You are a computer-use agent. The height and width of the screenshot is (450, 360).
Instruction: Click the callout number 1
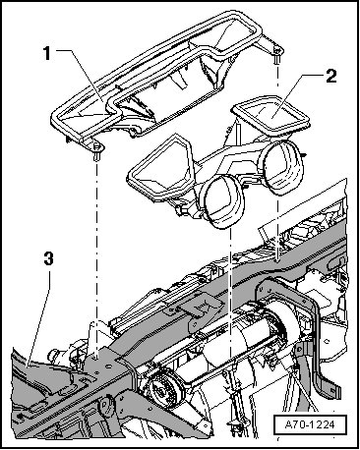(47, 54)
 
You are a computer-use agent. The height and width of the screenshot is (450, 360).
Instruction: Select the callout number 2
(330, 77)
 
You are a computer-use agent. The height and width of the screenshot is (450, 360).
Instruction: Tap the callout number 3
(48, 259)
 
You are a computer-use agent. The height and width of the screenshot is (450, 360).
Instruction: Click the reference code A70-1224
(310, 424)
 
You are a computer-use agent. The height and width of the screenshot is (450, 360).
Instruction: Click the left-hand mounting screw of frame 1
(96, 151)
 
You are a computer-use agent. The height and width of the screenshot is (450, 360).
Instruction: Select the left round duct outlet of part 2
(223, 200)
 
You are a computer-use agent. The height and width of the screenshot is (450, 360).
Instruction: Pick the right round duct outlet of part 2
(282, 167)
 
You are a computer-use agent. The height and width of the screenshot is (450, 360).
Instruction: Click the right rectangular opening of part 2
(270, 115)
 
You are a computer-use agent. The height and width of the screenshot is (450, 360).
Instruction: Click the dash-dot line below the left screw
(96, 260)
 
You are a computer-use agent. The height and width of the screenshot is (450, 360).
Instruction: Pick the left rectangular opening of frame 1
(86, 111)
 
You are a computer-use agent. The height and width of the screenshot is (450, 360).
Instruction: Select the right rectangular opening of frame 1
(226, 36)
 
